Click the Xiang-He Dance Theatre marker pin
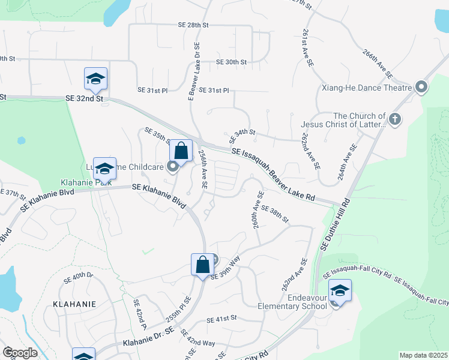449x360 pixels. coord(421,88)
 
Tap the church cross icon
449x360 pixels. coord(394,119)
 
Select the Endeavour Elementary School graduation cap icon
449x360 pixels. coord(340,291)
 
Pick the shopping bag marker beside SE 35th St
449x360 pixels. coord(181,151)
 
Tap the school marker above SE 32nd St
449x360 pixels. coord(95,78)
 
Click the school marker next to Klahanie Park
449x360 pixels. coord(104,168)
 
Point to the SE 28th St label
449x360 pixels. coord(193,25)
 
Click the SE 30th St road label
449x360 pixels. coord(232,62)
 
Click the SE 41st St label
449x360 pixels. coord(221,319)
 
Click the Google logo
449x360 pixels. coord(20,353)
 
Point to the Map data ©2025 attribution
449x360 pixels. coord(423,355)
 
